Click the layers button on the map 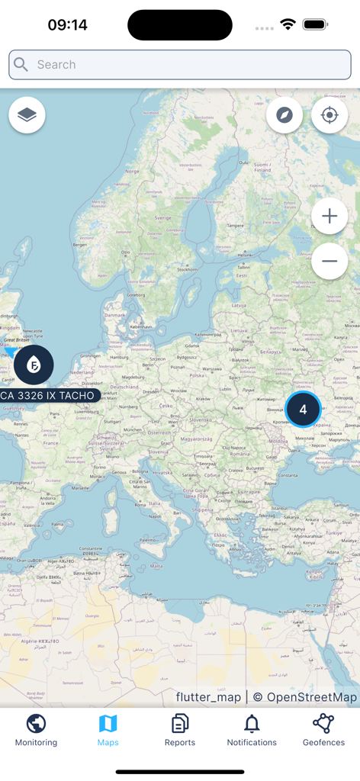pos(27,115)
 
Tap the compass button pos(284,115)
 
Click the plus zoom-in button pos(329,217)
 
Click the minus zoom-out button pos(329,261)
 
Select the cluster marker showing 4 pos(303,410)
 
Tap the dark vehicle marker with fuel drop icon pos(34,365)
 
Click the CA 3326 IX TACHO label pos(48,396)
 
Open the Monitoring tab pos(36,731)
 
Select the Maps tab pos(108,731)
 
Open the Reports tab pos(180,731)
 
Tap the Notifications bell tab pos(252,731)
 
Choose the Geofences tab pos(323,731)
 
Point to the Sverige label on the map pos(164,217)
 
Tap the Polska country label pos(197,375)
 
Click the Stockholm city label pos(187,269)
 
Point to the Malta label pos(156,566)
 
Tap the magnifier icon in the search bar pos(21,65)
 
